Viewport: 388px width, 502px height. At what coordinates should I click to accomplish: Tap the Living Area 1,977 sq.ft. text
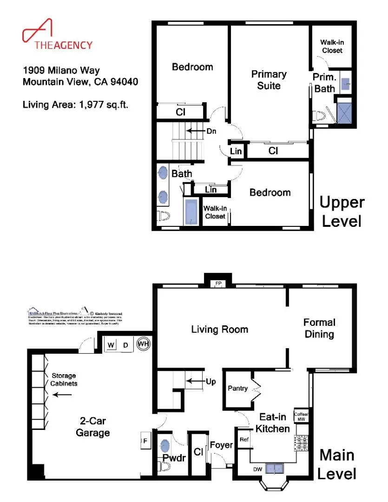coord(75,105)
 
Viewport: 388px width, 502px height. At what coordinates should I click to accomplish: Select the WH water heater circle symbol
coord(143,345)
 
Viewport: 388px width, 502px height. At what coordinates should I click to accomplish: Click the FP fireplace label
coord(217,284)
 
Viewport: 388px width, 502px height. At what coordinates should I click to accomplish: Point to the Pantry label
coord(237,388)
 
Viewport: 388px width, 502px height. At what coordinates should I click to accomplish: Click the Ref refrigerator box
coord(243,439)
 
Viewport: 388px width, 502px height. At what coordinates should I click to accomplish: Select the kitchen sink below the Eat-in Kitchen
coord(278,469)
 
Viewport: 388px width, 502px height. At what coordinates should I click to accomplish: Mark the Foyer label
coord(221,445)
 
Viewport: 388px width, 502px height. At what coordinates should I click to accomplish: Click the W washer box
coord(112,345)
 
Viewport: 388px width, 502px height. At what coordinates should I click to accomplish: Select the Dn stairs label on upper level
coord(211,131)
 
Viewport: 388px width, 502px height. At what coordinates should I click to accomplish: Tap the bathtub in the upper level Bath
coord(191,212)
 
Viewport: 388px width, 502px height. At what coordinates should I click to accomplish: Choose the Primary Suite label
coord(269,80)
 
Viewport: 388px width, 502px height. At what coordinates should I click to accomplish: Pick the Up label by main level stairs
coord(211,382)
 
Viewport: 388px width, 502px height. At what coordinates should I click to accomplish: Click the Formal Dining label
coord(319,328)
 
